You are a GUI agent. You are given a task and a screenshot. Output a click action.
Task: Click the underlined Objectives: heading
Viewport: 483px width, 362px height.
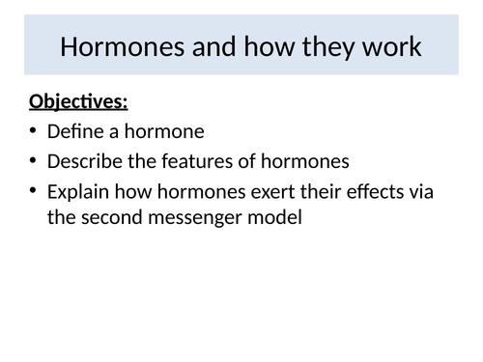click(x=79, y=101)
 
